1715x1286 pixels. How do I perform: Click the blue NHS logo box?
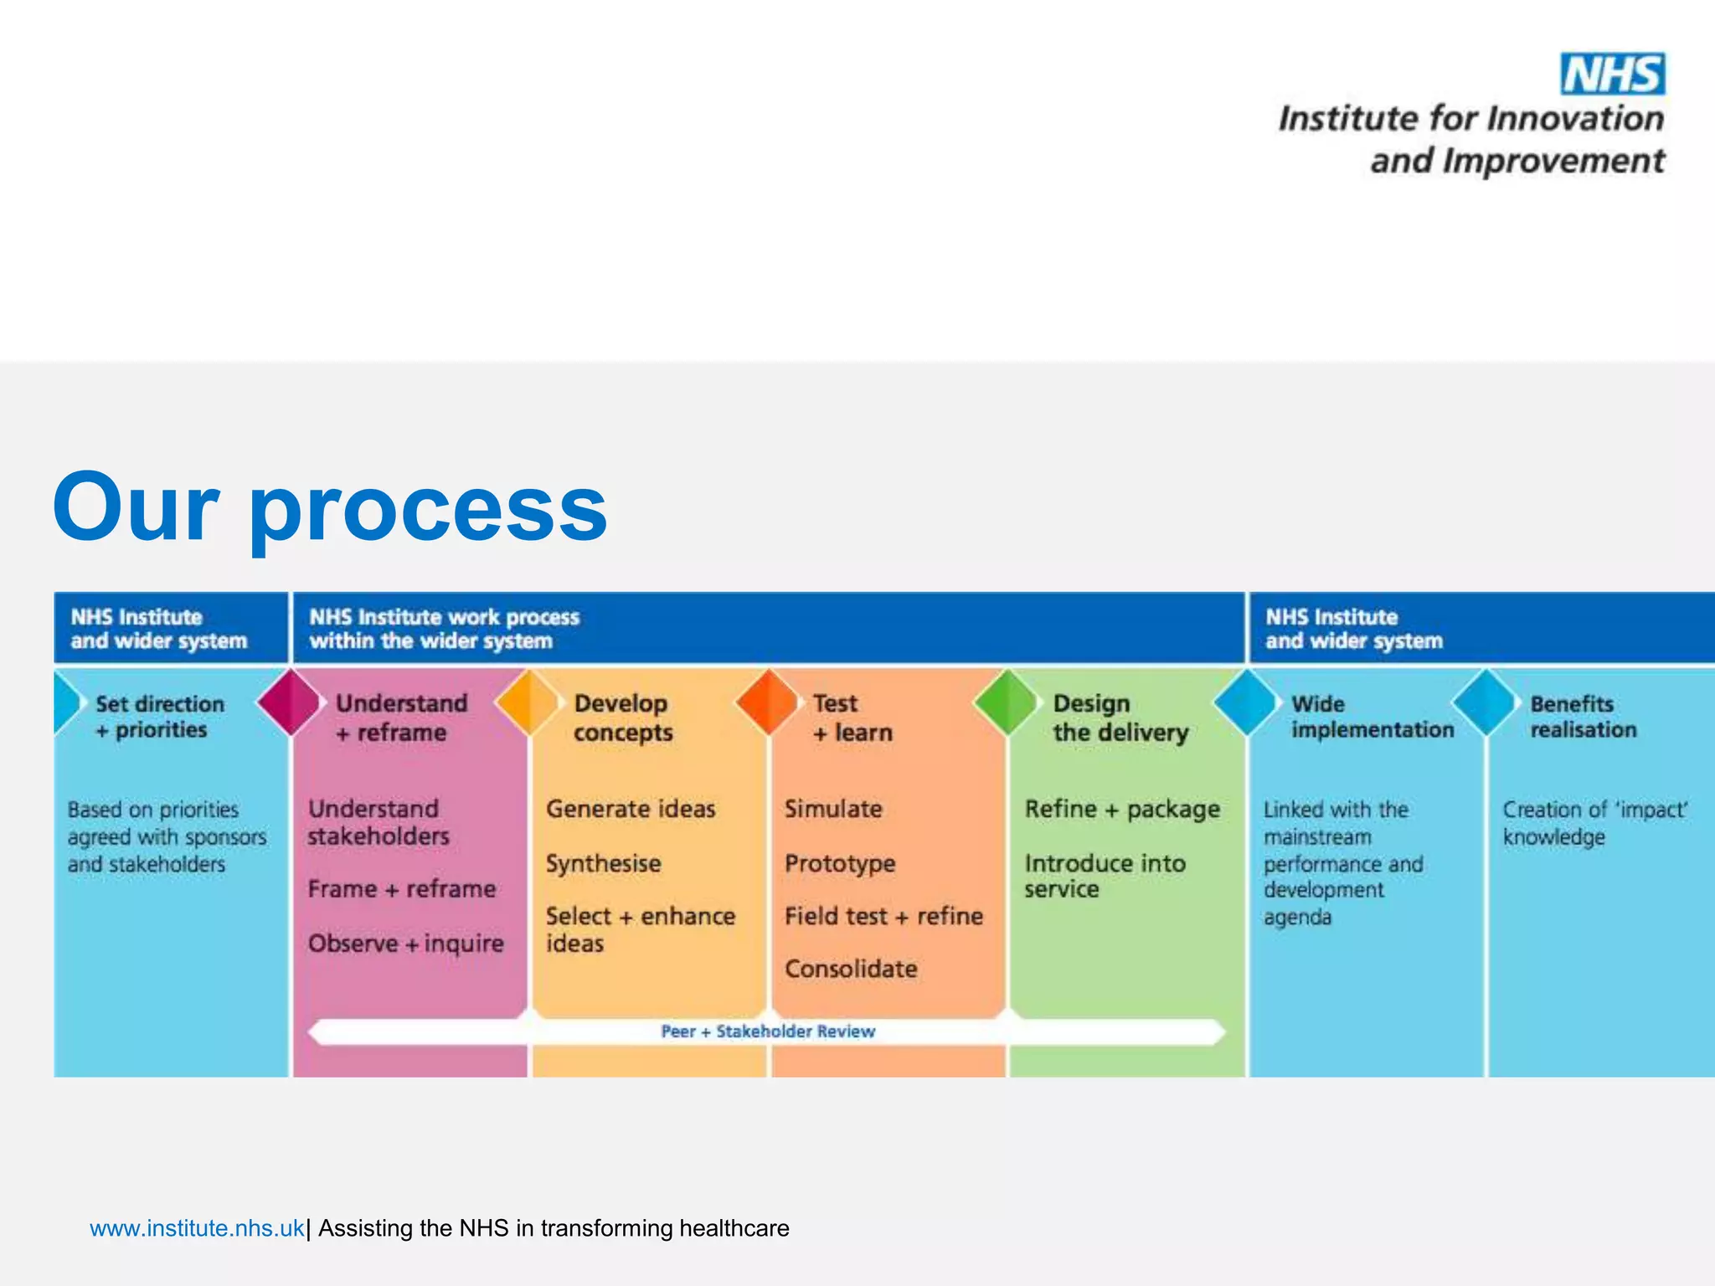[1612, 75]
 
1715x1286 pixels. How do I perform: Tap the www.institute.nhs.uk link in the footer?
[197, 1228]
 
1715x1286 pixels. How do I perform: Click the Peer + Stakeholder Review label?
[767, 1031]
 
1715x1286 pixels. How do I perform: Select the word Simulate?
[833, 809]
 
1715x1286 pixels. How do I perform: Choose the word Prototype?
[840, 863]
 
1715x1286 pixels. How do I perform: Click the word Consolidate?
[851, 969]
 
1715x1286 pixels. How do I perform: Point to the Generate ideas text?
[631, 809]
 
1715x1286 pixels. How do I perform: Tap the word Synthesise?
[603, 863]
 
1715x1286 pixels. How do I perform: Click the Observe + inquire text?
[405, 944]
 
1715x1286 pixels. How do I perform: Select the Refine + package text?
[1122, 810]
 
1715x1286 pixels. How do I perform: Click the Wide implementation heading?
[1372, 717]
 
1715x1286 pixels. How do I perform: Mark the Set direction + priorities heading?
[159, 717]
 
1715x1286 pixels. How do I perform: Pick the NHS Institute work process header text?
[444, 629]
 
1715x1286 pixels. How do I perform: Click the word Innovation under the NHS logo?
[1576, 119]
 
